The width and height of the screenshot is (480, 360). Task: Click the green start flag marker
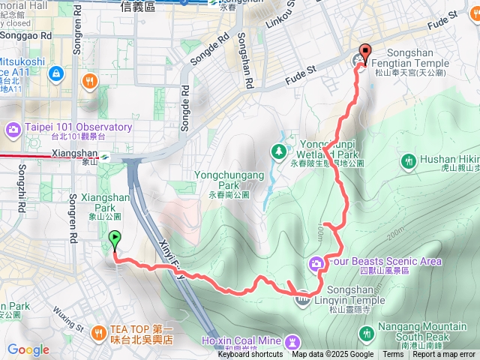pyautogui.click(x=115, y=240)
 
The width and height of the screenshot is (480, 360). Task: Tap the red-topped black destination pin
pyautogui.click(x=365, y=52)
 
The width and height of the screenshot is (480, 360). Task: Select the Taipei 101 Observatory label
pyautogui.click(x=79, y=127)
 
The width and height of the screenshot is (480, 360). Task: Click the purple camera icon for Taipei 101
pyautogui.click(x=13, y=129)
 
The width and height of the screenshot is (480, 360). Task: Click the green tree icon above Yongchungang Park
pyautogui.click(x=280, y=151)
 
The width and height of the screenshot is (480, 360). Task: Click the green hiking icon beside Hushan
pyautogui.click(x=409, y=160)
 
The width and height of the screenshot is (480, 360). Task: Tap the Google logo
pyautogui.click(x=28, y=349)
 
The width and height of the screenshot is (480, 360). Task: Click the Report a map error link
pyautogui.click(x=444, y=355)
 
